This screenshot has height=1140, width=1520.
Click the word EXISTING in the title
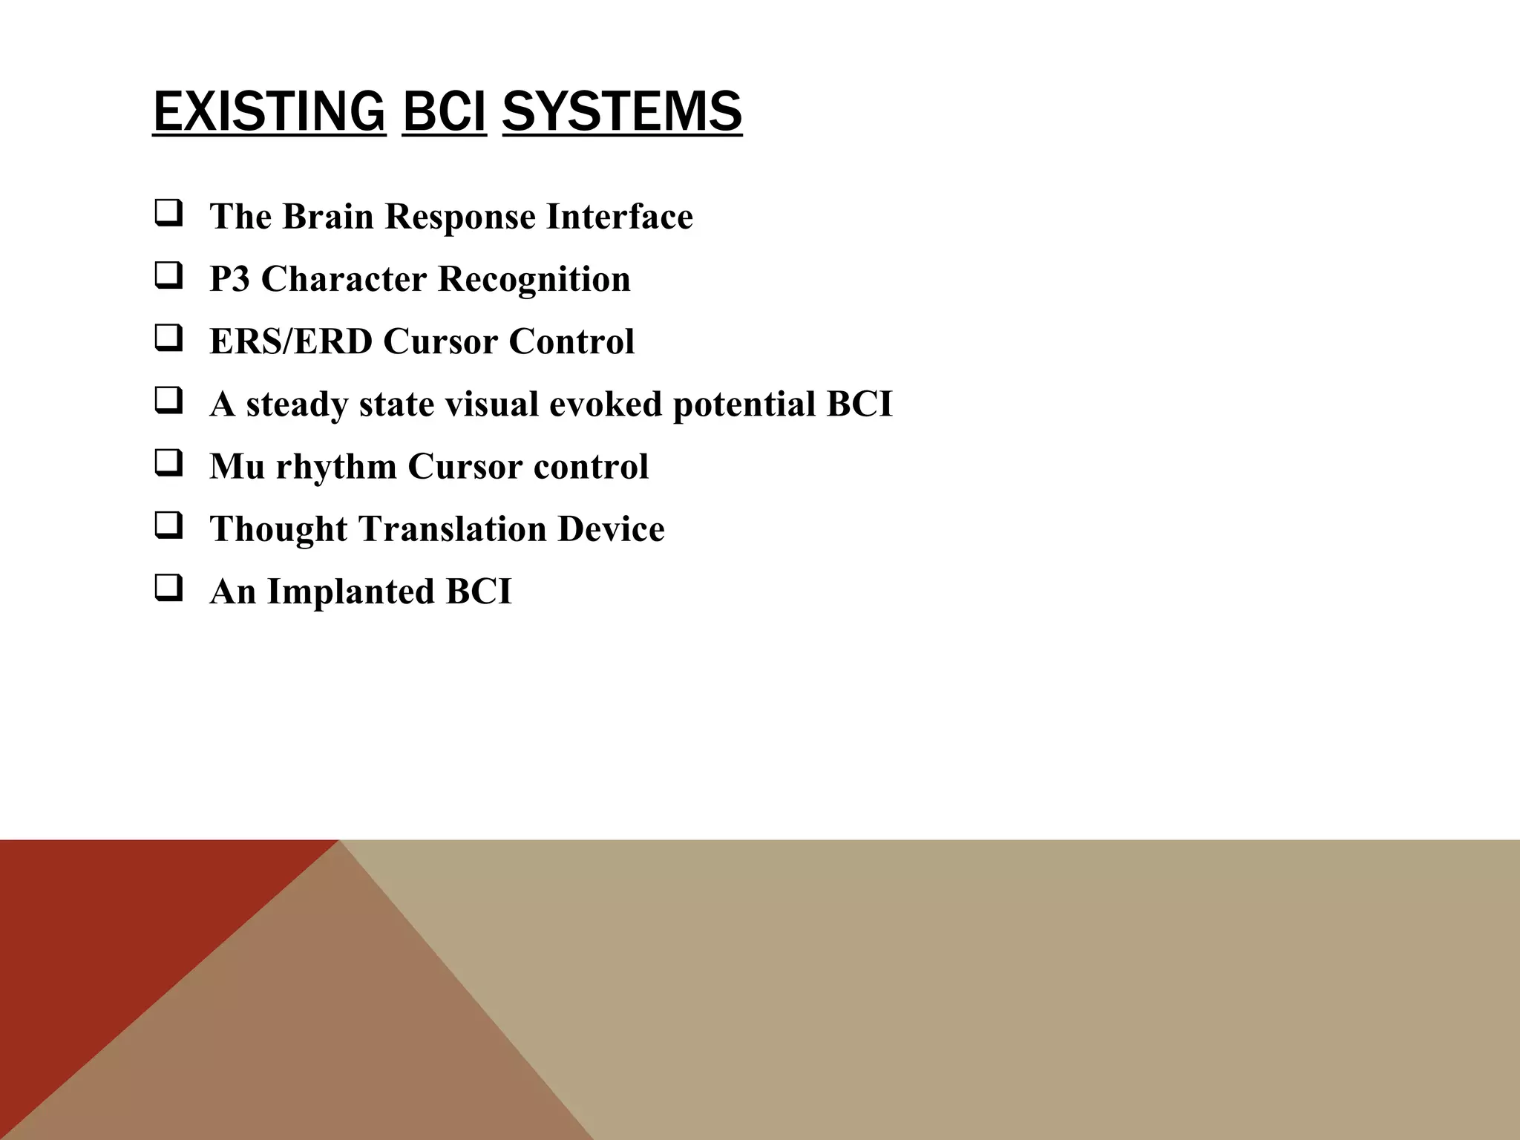pos(269,111)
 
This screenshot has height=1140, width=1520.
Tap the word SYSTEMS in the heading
pos(622,111)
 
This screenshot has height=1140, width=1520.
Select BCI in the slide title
pos(444,111)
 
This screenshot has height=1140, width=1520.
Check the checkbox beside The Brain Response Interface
pos(168,214)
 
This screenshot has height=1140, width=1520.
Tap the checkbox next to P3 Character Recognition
pos(168,277)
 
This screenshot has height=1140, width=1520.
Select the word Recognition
pos(534,280)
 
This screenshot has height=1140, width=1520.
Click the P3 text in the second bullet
pos(229,280)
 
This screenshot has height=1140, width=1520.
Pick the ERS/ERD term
pos(291,342)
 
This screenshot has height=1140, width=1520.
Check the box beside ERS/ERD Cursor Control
pos(168,339)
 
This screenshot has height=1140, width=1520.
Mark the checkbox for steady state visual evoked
pos(168,402)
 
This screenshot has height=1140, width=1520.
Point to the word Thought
pos(278,530)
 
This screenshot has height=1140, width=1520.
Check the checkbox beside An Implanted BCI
pos(168,589)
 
